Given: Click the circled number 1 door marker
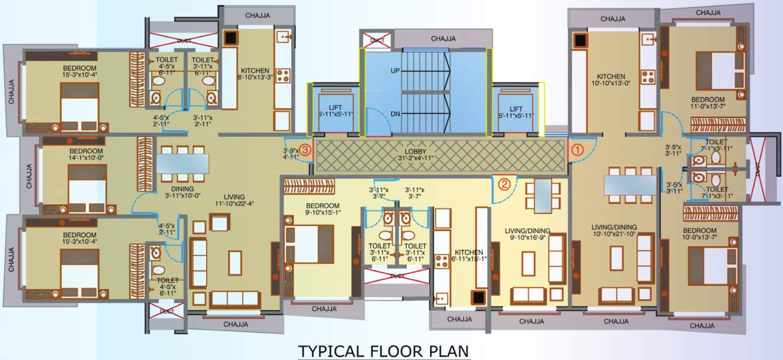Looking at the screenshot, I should pyautogui.click(x=578, y=150).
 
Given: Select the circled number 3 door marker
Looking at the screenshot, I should pyautogui.click(x=305, y=150).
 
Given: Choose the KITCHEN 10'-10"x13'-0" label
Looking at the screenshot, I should pyautogui.click(x=611, y=80).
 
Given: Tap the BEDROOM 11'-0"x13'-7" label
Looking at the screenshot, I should pyautogui.click(x=707, y=103).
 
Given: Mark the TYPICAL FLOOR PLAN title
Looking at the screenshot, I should pyautogui.click(x=384, y=351).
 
